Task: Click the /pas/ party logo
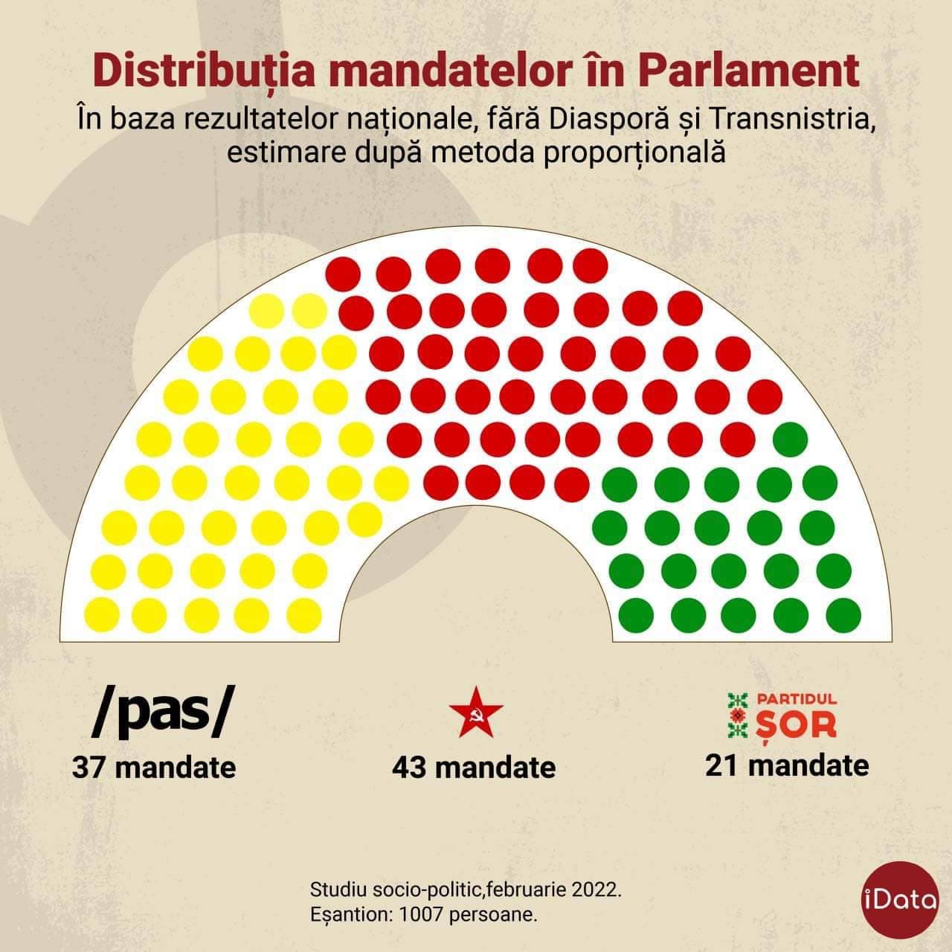pos(157,715)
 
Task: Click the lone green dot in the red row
pos(790,439)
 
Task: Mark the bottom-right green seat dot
pos(843,614)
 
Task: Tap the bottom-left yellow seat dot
pos(103,614)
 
